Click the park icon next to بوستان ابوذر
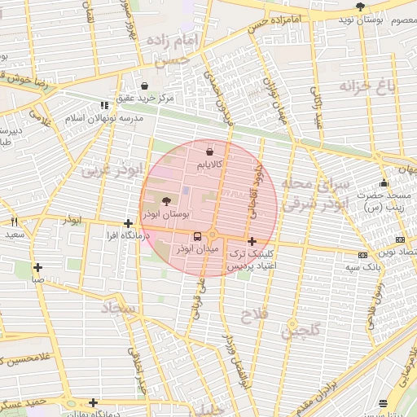pyautogui.click(x=167, y=201)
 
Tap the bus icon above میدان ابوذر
pyautogui.click(x=197, y=237)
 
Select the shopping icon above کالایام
pyautogui.click(x=210, y=151)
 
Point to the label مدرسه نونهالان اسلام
pyautogui.click(x=110, y=118)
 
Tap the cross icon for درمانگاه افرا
pyautogui.click(x=128, y=222)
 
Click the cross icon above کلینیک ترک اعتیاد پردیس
pyautogui.click(x=252, y=241)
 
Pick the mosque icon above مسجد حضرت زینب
pyautogui.click(x=384, y=182)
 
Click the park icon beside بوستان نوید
pyautogui.click(x=360, y=7)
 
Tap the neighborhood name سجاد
pyautogui.click(x=118, y=309)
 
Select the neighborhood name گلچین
pyautogui.click(x=301, y=329)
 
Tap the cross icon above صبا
pyautogui.click(x=37, y=266)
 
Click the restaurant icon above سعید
pyautogui.click(x=15, y=222)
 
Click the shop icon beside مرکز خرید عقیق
pyautogui.click(x=144, y=86)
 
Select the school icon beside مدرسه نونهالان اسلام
pyautogui.click(x=103, y=105)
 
